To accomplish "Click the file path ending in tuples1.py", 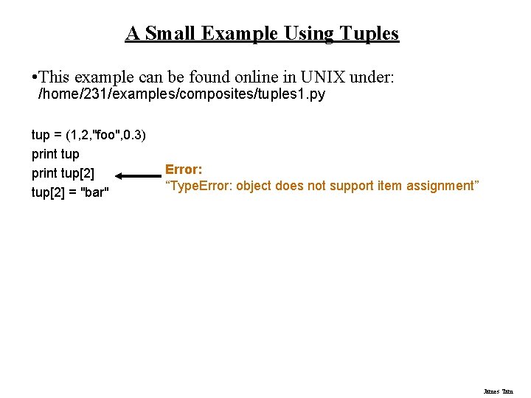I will coord(181,95).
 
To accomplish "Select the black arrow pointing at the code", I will coord(137,176).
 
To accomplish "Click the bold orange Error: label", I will coord(184,170).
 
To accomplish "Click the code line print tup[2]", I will coord(63,173).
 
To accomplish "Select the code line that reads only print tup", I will coord(55,154).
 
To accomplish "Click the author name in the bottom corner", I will coord(498,391).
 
